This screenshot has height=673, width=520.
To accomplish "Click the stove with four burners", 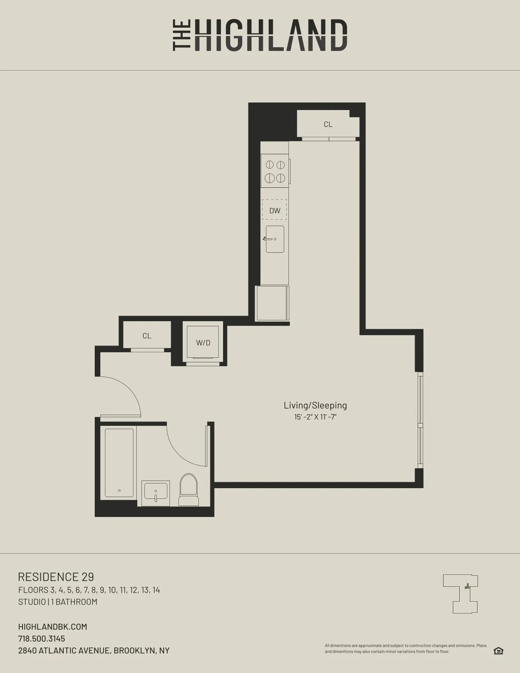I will point(275,171).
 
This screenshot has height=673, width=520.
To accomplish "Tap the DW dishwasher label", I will point(274,210).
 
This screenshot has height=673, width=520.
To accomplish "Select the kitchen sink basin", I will point(275,239).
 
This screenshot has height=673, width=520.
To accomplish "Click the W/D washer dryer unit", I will point(203,342).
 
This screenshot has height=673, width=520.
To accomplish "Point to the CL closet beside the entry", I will point(147,336).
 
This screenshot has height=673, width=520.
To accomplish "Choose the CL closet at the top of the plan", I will point(328,124).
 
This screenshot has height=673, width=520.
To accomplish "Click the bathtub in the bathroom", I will point(119,463).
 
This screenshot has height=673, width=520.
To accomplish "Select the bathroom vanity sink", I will point(155,493).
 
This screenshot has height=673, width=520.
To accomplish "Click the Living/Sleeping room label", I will point(315,405).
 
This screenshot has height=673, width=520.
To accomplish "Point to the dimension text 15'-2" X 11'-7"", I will point(315,417).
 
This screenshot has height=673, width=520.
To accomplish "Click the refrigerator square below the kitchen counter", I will point(272,303).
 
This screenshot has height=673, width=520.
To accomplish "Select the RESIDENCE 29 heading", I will point(56,577).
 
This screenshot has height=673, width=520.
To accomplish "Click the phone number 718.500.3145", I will point(42,639).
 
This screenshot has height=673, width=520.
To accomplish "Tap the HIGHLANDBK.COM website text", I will point(52,627).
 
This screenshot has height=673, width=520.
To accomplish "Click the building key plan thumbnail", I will point(461,594).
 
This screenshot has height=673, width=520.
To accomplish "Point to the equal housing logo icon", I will point(498,651).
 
